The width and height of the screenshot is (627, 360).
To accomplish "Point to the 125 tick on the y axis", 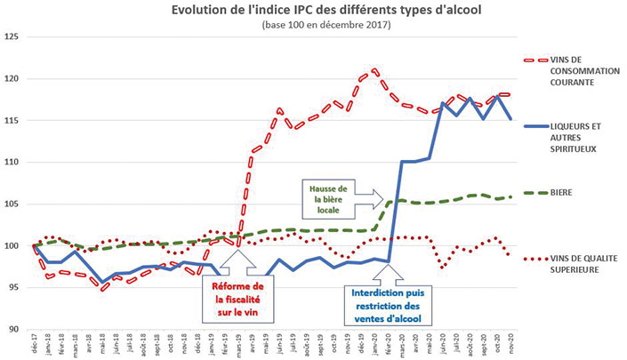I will (x=12, y=36).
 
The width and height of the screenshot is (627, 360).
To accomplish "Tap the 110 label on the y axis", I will (x=12, y=162).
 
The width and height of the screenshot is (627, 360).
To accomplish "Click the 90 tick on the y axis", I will (x=14, y=329).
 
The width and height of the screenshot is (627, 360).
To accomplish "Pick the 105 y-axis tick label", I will (x=12, y=204).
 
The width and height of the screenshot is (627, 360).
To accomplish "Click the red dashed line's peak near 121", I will (x=374, y=68).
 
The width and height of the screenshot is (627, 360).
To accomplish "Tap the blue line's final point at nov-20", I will (x=510, y=119).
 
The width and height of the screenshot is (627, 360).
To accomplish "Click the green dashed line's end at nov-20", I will (x=510, y=197).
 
